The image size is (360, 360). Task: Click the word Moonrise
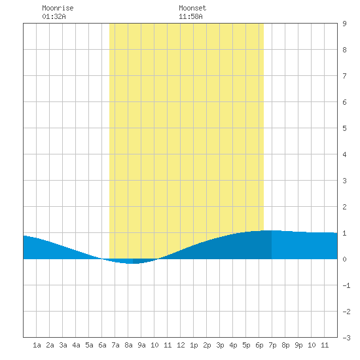click(58, 8)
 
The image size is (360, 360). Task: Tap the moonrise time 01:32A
click(54, 16)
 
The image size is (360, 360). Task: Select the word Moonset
click(192, 8)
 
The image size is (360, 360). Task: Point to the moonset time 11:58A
click(190, 16)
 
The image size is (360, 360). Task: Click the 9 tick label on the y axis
click(344, 24)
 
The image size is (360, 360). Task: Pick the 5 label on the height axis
click(344, 128)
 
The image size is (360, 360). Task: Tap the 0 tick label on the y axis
click(344, 259)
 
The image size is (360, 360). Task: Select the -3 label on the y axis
click(346, 338)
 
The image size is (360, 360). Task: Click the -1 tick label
click(346, 285)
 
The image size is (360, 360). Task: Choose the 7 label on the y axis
click(344, 76)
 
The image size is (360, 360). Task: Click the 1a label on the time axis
click(37, 345)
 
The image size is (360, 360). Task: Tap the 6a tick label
click(102, 345)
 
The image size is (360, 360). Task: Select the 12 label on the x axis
click(181, 345)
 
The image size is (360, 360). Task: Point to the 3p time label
click(220, 345)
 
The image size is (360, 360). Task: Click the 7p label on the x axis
click(272, 345)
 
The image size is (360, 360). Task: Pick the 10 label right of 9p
click(312, 345)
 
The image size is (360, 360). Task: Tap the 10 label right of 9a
click(154, 345)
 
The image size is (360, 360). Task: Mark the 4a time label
click(76, 345)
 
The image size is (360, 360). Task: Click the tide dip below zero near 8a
click(132, 261)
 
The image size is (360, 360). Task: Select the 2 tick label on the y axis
click(344, 207)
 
